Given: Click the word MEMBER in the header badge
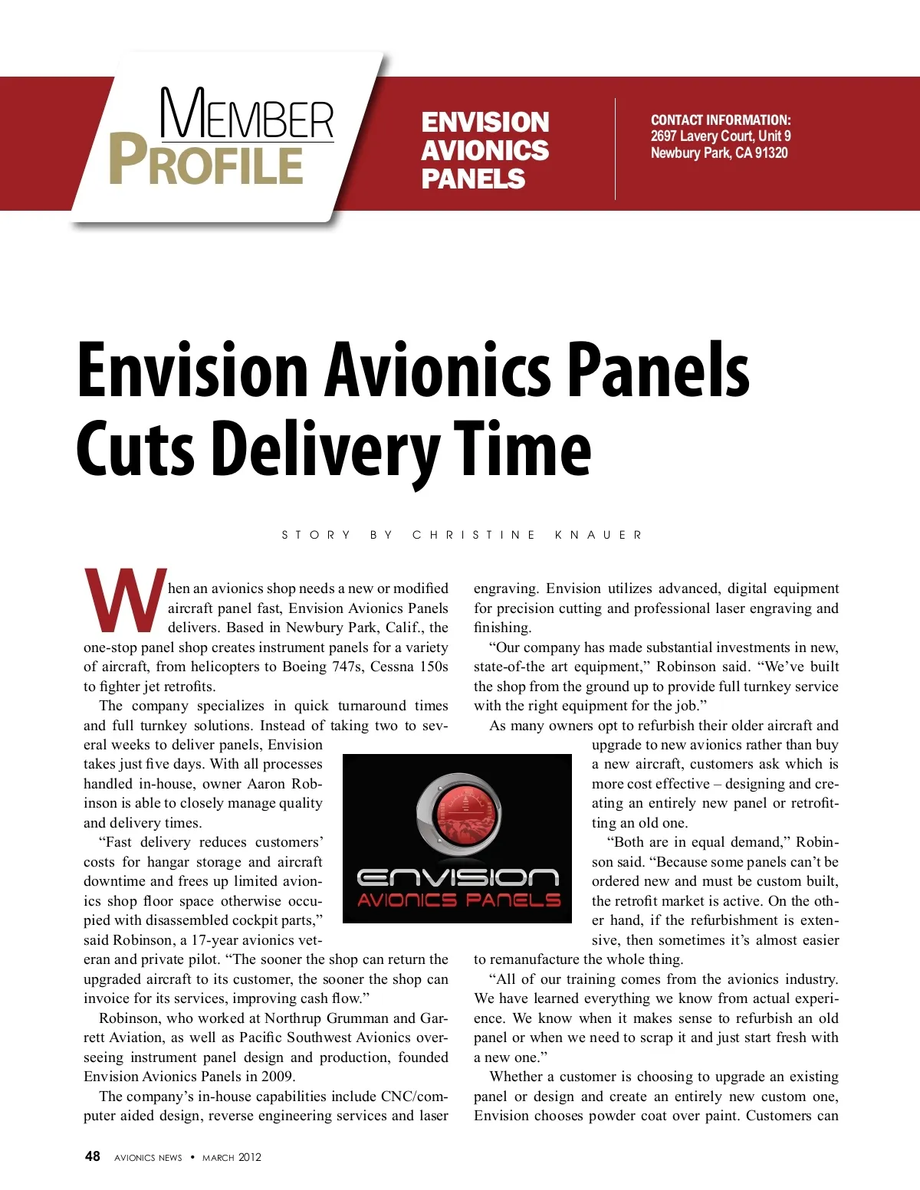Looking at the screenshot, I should tap(247, 114).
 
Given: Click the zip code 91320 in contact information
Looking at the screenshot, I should tap(770, 152).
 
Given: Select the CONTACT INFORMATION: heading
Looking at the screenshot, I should tap(720, 120).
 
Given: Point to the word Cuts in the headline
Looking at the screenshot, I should tap(135, 448).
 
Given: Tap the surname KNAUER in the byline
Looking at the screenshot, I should tap(598, 535).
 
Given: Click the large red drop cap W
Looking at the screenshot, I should tap(124, 600).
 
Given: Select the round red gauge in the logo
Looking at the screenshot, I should tap(458, 814).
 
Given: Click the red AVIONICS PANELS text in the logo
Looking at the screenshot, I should tap(458, 900).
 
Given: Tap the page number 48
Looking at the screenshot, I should tap(92, 1156).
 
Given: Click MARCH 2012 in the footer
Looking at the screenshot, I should tap(232, 1157).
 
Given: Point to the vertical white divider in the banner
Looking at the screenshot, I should tap(615, 149).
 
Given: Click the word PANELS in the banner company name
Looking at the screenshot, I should tap(473, 179).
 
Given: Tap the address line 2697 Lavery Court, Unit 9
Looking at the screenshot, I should tap(720, 136).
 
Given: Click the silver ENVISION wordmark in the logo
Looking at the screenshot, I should tap(458, 877).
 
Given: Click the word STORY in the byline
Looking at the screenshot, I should tap(316, 535).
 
